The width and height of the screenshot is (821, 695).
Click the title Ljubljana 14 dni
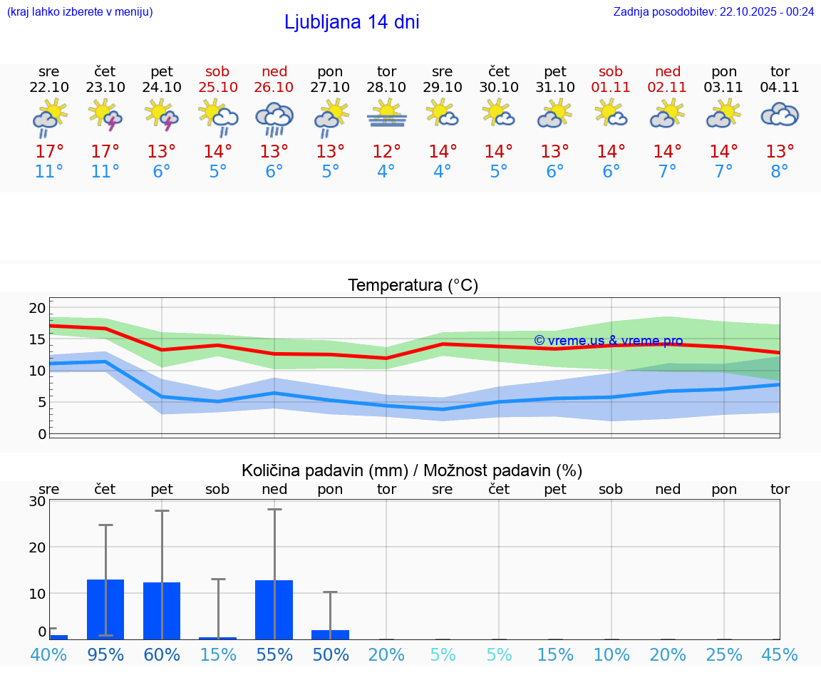351,22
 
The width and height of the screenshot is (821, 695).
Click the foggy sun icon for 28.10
387,114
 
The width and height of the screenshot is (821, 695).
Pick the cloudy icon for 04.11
780,115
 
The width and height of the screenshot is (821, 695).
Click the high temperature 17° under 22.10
49,151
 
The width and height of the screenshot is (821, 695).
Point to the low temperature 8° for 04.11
780,172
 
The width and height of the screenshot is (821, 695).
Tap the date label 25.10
218,87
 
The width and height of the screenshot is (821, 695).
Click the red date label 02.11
668,87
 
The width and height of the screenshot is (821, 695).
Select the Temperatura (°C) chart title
413,286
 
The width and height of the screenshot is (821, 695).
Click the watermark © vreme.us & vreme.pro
608,341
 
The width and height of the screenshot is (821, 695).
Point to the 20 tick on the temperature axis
37,308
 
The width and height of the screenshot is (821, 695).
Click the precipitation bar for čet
105,609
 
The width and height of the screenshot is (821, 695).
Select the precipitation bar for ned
274,609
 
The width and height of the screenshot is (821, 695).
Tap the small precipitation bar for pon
330,634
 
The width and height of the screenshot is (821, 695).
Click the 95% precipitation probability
105,654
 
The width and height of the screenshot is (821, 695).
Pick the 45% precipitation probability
780,654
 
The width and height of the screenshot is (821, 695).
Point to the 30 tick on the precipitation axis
37,501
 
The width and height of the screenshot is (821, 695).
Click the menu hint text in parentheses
80,11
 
